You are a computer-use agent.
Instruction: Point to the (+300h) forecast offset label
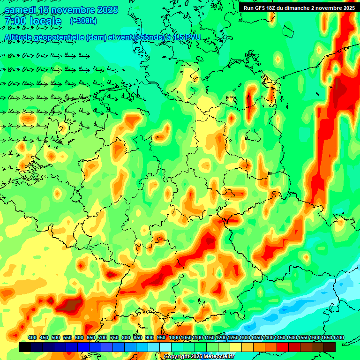click(83, 21)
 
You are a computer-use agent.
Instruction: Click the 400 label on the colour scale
click(32, 337)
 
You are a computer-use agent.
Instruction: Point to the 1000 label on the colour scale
click(174, 337)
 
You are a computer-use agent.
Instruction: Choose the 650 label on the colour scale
click(91, 337)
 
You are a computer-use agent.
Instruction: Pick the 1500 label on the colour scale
click(292, 337)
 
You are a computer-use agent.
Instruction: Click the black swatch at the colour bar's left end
click(25, 347)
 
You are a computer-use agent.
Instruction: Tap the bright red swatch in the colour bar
click(283, 347)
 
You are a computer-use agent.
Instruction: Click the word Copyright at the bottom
click(177, 357)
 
